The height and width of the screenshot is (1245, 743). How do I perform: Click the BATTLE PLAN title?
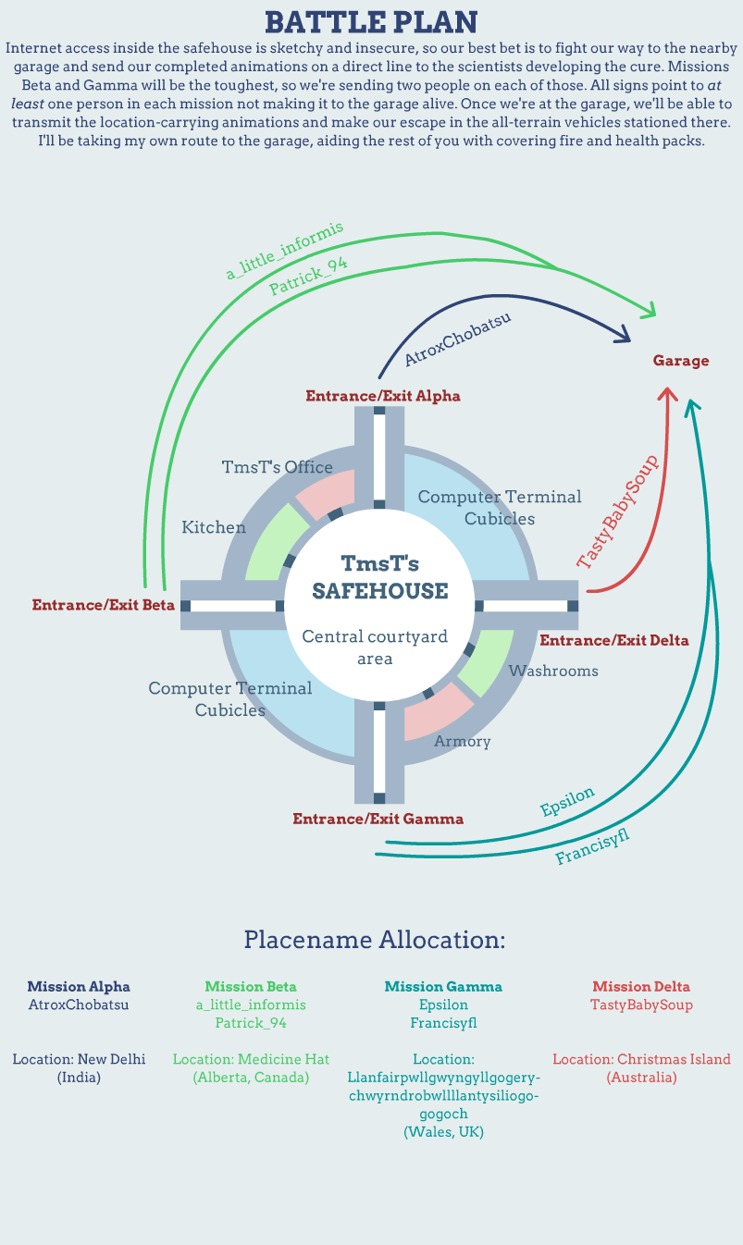(x=371, y=22)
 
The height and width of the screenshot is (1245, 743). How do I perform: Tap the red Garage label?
(x=681, y=361)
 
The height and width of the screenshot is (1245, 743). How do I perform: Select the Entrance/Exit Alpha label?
(x=383, y=396)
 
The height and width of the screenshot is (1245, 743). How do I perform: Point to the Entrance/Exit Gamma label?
(x=378, y=819)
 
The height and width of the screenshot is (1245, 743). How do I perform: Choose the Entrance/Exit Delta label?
(x=614, y=640)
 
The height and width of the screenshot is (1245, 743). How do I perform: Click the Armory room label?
(x=463, y=741)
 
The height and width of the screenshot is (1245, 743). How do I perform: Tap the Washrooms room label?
(x=553, y=671)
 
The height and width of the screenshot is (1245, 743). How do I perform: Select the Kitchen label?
(x=214, y=527)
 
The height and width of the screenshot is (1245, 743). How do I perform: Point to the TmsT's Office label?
(x=278, y=467)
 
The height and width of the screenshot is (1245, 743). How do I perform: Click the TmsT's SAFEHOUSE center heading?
(x=379, y=577)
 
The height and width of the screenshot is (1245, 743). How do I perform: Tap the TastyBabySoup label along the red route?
(x=617, y=512)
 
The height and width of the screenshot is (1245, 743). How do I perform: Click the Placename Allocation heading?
(x=375, y=940)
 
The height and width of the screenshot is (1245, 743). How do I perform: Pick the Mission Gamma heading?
(x=443, y=987)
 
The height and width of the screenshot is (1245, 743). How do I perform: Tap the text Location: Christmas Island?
(x=641, y=1059)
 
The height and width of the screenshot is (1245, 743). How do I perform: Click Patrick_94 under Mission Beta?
(x=251, y=1023)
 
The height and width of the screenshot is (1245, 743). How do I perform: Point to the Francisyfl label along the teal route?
(x=592, y=847)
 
